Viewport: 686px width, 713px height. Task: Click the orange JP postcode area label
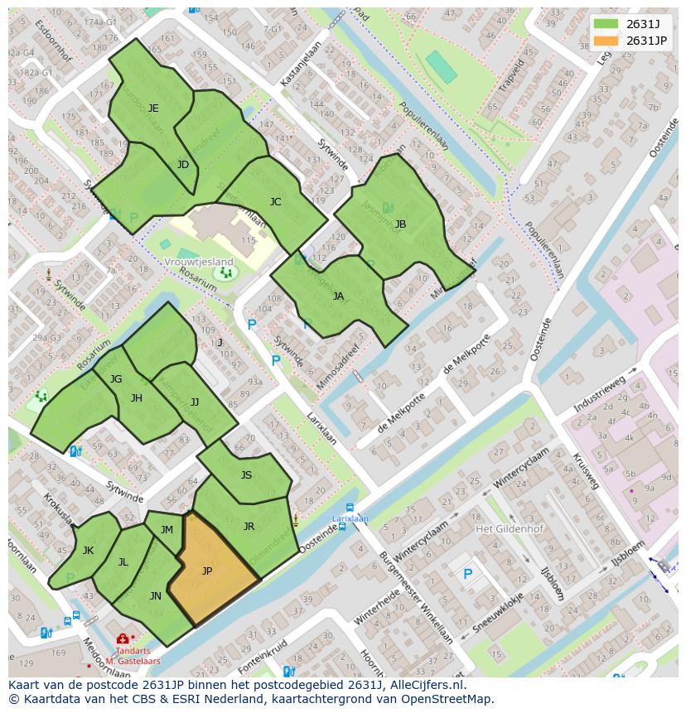click(207, 571)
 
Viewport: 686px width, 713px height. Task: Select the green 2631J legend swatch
click(606, 24)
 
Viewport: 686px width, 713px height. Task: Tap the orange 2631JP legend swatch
click(606, 41)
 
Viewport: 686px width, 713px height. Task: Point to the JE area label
click(153, 108)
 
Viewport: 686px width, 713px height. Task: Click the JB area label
click(400, 224)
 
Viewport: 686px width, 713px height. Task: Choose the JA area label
click(338, 296)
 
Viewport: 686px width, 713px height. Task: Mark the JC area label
click(275, 202)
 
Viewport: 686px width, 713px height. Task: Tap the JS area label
click(246, 475)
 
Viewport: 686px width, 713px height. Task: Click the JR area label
click(249, 527)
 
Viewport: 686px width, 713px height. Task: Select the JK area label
click(88, 551)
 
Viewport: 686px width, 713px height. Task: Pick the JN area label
click(155, 596)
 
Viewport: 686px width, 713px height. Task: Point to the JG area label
click(116, 379)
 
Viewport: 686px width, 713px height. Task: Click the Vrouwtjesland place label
click(199, 263)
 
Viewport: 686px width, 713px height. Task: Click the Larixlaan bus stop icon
click(350, 508)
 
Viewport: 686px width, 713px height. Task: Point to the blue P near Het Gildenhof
click(467, 574)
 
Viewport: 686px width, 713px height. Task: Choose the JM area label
click(167, 530)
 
